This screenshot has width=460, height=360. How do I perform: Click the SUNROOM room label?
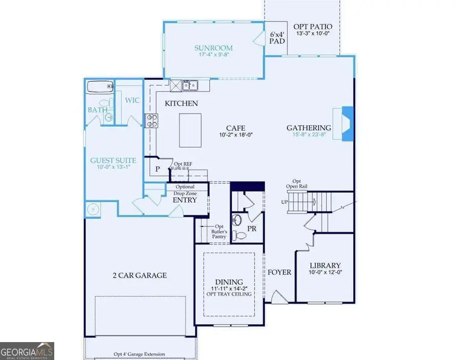pyautogui.click(x=213, y=49)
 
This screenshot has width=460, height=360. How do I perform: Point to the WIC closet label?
pyautogui.click(x=132, y=100)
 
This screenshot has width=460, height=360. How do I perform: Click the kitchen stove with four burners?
pyautogui.click(x=152, y=120)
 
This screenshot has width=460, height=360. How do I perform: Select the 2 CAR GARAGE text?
pyautogui.click(x=140, y=275)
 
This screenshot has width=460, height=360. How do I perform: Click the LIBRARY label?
pyautogui.click(x=325, y=266)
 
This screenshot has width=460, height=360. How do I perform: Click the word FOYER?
pyautogui.click(x=279, y=272)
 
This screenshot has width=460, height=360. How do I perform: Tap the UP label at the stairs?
pyautogui.click(x=285, y=202)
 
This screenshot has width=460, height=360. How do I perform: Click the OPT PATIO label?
pyautogui.click(x=313, y=27)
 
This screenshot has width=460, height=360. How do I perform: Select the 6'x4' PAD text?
pyautogui.click(x=277, y=39)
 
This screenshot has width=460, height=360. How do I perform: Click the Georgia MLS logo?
pyautogui.click(x=27, y=351)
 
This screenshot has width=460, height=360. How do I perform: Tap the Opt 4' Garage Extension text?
pyautogui.click(x=140, y=353)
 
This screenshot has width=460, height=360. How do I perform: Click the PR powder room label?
pyautogui.click(x=251, y=229)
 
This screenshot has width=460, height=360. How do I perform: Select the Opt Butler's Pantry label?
pyautogui.click(x=219, y=232)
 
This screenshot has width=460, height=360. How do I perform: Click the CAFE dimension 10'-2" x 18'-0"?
pyautogui.click(x=237, y=135)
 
